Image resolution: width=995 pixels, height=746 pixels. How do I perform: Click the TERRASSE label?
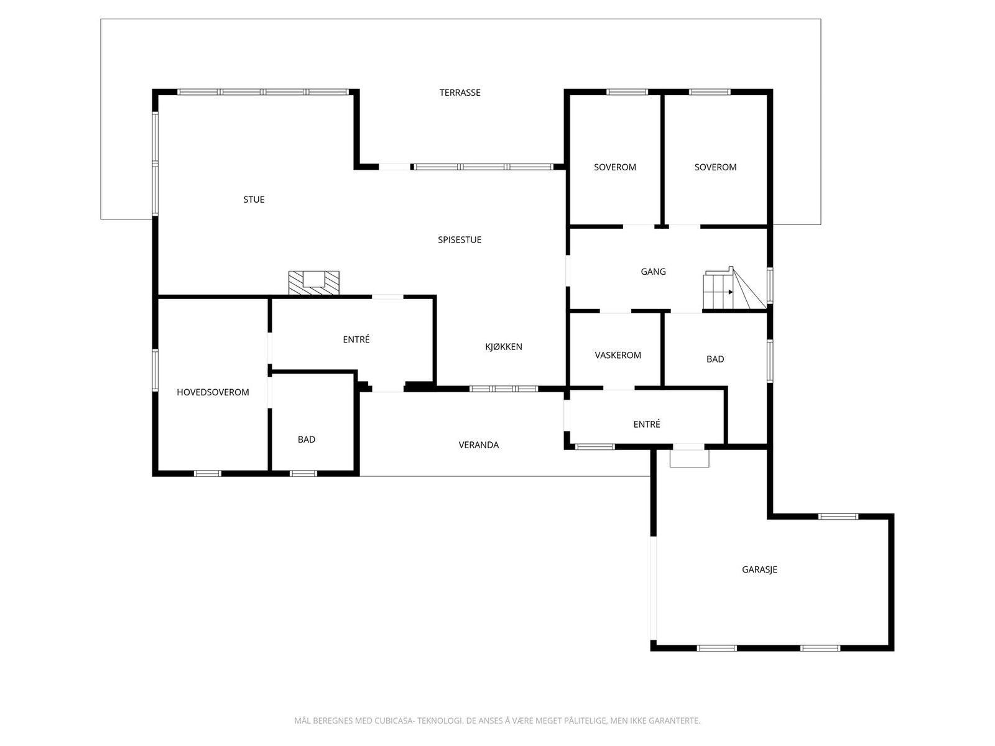(x=460, y=93)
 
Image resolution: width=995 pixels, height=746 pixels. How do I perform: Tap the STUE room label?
(x=254, y=200)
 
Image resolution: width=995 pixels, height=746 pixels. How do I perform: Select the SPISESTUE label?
(x=460, y=240)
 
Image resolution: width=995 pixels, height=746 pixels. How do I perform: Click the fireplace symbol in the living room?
(x=314, y=282)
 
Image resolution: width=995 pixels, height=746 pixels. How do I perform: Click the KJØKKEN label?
(x=504, y=347)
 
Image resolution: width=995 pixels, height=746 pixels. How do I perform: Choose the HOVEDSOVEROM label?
(x=213, y=392)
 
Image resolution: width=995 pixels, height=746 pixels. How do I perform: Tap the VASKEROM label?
(x=618, y=356)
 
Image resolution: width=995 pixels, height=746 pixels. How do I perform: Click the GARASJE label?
(x=759, y=569)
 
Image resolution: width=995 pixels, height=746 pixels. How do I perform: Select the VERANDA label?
(x=479, y=445)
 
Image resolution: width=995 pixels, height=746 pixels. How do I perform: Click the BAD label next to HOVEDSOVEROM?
(x=307, y=440)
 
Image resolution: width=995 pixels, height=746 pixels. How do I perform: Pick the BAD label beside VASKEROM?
(x=715, y=359)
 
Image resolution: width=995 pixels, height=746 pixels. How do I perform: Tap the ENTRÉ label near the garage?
(x=647, y=424)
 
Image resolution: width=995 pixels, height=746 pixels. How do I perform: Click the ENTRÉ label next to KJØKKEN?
(x=356, y=339)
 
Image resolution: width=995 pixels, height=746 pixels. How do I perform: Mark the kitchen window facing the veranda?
(x=504, y=389)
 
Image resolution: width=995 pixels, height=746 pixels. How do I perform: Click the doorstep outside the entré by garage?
(x=689, y=458)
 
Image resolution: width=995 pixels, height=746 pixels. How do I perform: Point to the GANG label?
(x=653, y=272)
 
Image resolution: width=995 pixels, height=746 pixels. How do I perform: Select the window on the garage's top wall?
(x=838, y=516)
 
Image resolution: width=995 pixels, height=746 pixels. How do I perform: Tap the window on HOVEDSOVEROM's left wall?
(x=155, y=370)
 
